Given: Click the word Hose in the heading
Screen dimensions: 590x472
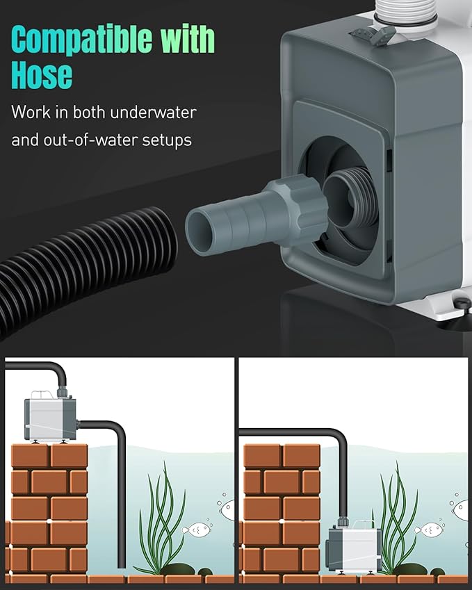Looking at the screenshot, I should click(x=42, y=75).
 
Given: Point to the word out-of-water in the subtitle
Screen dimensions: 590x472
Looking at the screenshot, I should click(x=89, y=140).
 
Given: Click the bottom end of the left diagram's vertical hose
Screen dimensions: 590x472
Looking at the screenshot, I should click(x=123, y=562).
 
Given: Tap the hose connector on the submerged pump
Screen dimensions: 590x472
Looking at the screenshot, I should click(x=343, y=521).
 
